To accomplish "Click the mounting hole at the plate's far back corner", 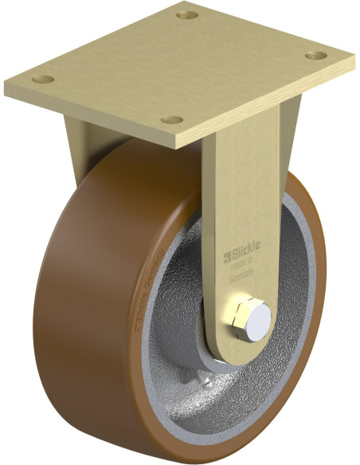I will click(x=189, y=14).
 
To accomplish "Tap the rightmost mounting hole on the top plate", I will click(x=316, y=56).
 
